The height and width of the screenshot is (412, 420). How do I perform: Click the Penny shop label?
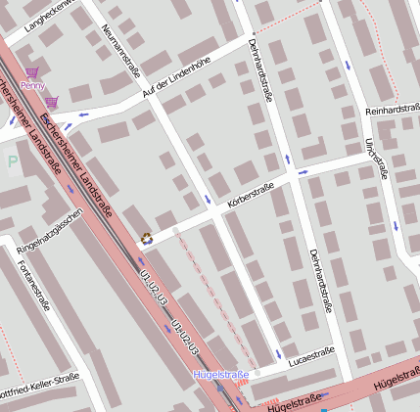(x=32, y=86)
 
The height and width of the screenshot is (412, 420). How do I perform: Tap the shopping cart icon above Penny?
(x=32, y=72)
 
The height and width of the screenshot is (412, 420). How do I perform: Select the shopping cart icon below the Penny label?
(x=51, y=102)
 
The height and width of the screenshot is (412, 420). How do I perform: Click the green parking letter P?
(x=12, y=162)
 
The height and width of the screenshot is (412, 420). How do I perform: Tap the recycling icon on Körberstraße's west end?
(x=147, y=237)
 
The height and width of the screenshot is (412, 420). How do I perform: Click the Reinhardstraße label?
(x=392, y=112)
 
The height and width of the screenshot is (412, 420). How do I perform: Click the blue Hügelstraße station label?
(x=222, y=375)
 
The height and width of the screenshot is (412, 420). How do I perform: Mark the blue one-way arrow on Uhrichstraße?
(x=347, y=65)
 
